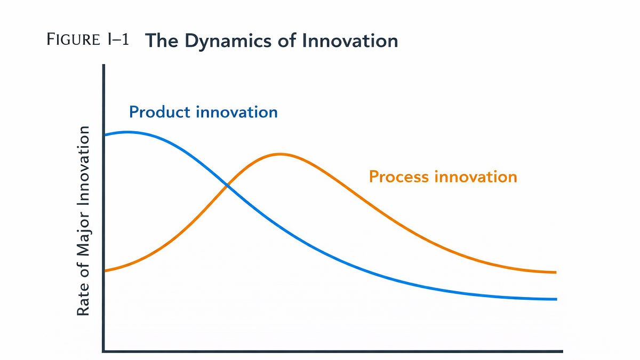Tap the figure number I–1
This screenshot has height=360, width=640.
pyautogui.click(x=118, y=41)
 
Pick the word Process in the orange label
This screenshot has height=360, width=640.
pyautogui.click(x=399, y=177)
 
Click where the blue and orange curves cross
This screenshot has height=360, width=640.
pyautogui.click(x=228, y=186)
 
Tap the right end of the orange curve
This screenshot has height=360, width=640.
pyautogui.click(x=556, y=273)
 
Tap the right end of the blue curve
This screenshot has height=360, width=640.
pyautogui.click(x=556, y=299)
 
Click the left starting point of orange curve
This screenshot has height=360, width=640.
pyautogui.click(x=106, y=271)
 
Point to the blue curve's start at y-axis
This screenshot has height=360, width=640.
pyautogui.click(x=106, y=135)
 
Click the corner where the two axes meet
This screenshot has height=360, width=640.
pyautogui.click(x=103, y=351)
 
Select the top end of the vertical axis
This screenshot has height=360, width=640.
pyautogui.click(x=103, y=66)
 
